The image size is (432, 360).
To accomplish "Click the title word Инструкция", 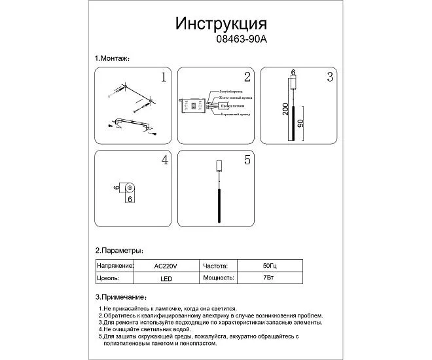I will pyautogui.click(x=221, y=24).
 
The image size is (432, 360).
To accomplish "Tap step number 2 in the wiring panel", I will pyautogui.click(x=246, y=77).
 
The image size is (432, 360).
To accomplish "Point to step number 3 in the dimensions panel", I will pyautogui.click(x=330, y=77).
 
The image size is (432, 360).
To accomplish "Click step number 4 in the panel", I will pyautogui.click(x=165, y=160).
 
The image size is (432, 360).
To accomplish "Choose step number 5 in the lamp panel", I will pyautogui.click(x=247, y=160).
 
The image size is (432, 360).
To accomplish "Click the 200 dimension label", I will pyautogui.click(x=285, y=109).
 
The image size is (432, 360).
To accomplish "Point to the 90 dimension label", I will pyautogui.click(x=300, y=124).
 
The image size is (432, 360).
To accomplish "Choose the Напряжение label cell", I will pyautogui.click(x=115, y=266).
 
